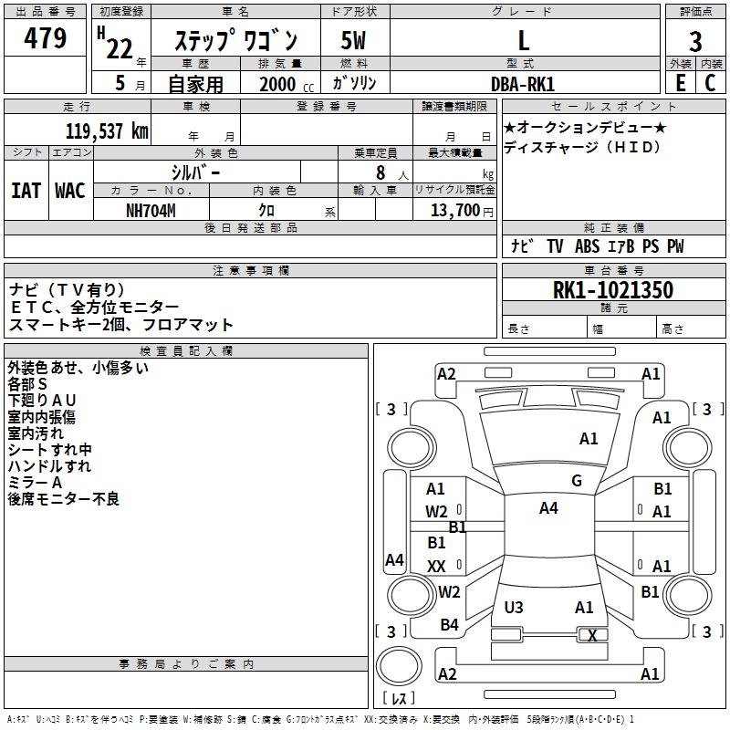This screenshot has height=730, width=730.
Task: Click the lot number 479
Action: click(x=46, y=39)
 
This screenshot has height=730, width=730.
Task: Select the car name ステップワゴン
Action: click(x=235, y=41)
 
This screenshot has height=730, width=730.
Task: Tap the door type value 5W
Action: click(x=353, y=41)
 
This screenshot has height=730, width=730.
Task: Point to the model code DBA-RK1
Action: click(x=522, y=83)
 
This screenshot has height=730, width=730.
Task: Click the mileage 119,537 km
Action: click(x=107, y=130)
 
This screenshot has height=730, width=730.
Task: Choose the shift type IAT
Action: click(x=26, y=191)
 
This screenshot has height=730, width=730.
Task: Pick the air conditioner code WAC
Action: click(x=70, y=191)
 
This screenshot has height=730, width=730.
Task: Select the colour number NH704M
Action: click(x=151, y=210)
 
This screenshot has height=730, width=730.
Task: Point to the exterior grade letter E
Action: click(x=680, y=82)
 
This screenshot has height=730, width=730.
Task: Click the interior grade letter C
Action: click(x=710, y=82)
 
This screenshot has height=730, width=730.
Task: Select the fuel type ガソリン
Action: click(x=354, y=83)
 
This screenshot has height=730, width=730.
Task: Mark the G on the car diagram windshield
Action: click(x=577, y=481)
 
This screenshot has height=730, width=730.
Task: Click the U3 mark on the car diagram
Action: click(x=514, y=607)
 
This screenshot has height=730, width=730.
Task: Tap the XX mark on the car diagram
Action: click(x=436, y=566)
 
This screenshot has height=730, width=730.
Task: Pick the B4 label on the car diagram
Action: click(x=449, y=625)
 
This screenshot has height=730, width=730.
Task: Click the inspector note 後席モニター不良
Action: click(x=63, y=499)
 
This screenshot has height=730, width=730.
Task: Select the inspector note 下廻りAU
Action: click(x=42, y=401)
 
